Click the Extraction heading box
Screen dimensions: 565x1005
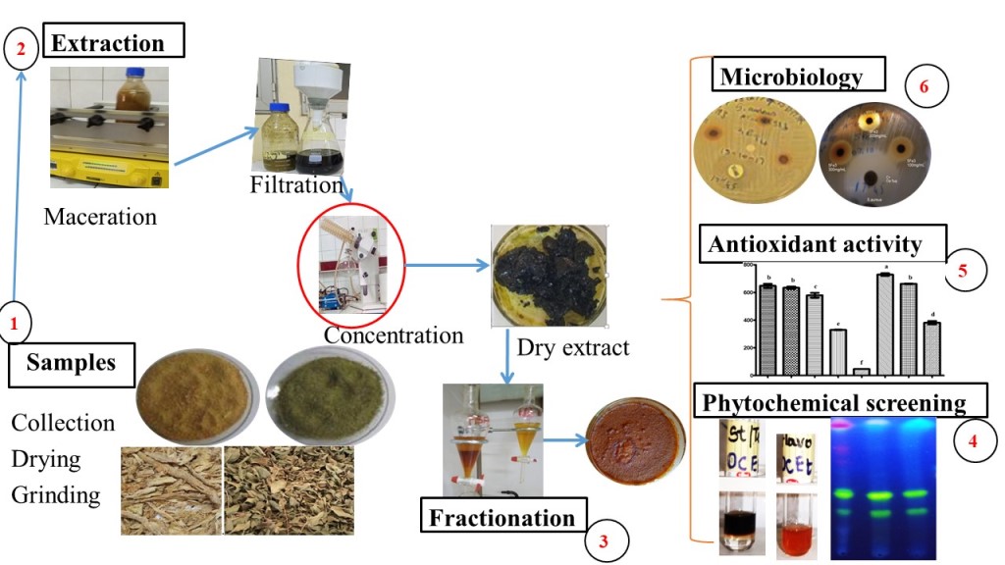[113, 43]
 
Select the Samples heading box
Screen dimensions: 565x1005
[70, 363]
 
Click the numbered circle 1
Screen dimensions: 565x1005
[14, 322]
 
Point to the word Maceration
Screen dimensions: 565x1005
[99, 217]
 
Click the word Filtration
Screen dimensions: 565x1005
[295, 184]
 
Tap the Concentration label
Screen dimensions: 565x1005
[394, 334]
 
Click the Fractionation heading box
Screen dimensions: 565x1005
[500, 517]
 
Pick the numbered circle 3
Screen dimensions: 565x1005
[604, 539]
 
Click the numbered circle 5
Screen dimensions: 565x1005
[963, 272]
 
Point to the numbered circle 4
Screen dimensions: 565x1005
[973, 440]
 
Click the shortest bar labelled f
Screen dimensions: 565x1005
[861, 371]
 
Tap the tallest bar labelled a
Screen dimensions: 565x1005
[885, 325]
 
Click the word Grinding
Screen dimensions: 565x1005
[55, 494]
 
